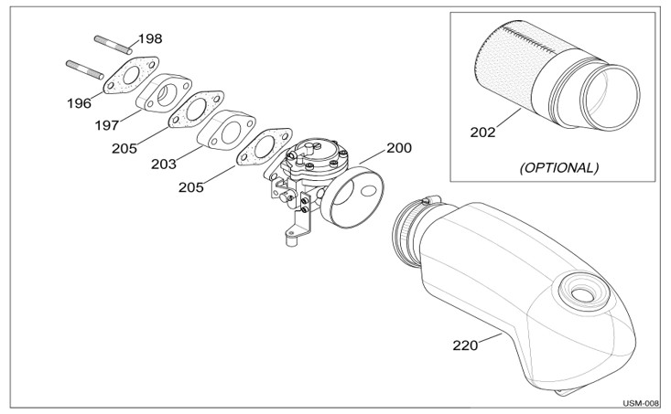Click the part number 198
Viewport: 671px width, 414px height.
pyautogui.click(x=150, y=39)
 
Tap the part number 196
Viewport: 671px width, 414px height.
pyautogui.click(x=79, y=103)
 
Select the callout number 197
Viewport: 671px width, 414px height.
pyautogui.click(x=107, y=125)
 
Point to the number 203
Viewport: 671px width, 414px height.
pyautogui.click(x=164, y=165)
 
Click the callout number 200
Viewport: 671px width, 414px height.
pyautogui.click(x=399, y=148)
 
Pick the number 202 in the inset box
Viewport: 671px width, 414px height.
pyautogui.click(x=482, y=133)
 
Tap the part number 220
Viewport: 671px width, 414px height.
pyautogui.click(x=465, y=345)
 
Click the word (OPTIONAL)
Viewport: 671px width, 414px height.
pyautogui.click(x=559, y=167)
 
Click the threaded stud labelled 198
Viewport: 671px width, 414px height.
pyautogui.click(x=113, y=45)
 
